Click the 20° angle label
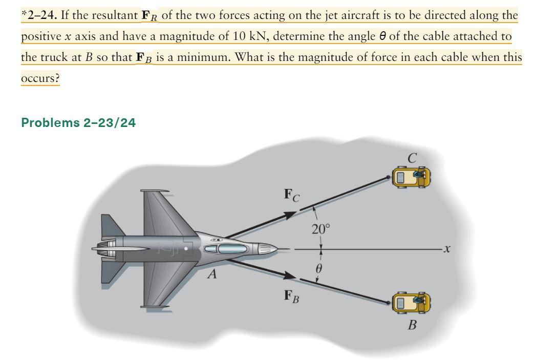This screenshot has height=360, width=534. pyautogui.click(x=322, y=229)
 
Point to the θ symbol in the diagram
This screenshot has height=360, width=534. pyautogui.click(x=322, y=267)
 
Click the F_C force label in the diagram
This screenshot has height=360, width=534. pyautogui.click(x=292, y=195)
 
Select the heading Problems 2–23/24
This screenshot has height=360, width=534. pyautogui.click(x=78, y=123)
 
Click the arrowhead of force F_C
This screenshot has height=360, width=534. pyautogui.click(x=289, y=214)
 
